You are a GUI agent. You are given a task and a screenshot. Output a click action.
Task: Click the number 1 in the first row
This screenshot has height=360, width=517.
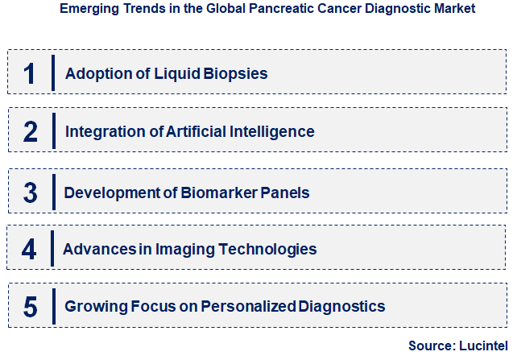click(x=30, y=73)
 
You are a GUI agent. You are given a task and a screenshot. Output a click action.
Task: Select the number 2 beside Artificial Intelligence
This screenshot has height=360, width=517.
click(x=31, y=131)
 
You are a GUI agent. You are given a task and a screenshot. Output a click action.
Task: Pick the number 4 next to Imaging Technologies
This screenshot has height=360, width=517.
click(x=29, y=249)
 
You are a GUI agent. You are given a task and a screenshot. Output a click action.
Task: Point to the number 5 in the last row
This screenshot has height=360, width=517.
click(x=31, y=307)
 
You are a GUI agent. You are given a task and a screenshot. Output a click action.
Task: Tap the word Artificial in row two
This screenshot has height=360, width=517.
click(x=192, y=131)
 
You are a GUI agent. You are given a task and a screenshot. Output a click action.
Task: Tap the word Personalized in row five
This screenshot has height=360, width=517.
click(x=248, y=307)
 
